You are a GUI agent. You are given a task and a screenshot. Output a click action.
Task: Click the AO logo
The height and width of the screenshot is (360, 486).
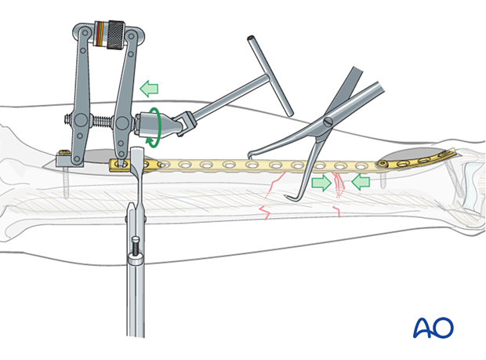click(433, 326)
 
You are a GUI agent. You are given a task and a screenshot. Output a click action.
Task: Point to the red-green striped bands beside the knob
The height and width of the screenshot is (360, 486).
click(100, 35)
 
